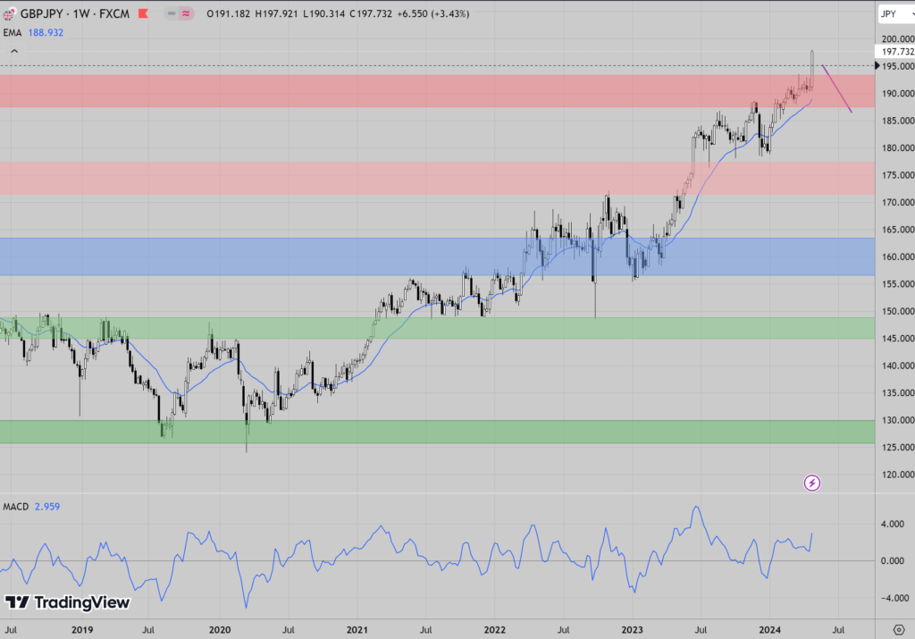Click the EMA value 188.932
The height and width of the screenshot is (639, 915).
coord(48,32)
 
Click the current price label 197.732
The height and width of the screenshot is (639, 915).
coord(894,52)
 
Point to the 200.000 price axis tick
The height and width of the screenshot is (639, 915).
coord(894,39)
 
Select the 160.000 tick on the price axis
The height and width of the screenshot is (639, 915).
coord(894,257)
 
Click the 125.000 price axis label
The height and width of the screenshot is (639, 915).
coord(894,448)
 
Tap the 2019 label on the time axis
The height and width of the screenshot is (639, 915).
coord(81,629)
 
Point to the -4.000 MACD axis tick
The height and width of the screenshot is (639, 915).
coord(894,597)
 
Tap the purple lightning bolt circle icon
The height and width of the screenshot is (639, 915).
coord(812,483)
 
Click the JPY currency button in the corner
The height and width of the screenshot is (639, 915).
coord(889,13)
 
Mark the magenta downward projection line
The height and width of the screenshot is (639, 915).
coord(837,89)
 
